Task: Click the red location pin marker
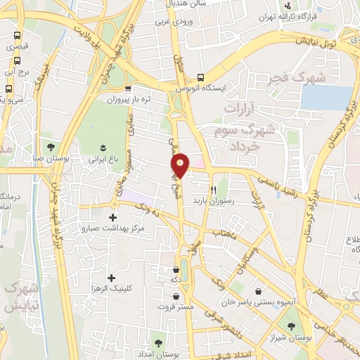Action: tap(181, 165)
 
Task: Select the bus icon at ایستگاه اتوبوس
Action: tap(201, 77)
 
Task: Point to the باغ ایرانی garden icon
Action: tap(103, 147)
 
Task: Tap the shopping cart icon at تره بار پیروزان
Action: tap(128, 89)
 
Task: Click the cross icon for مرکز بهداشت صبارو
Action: tap(113, 217)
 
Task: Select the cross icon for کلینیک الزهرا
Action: tap(111, 278)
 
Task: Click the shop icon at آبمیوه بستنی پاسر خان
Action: tap(259, 291)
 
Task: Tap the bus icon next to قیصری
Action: tap(17, 35)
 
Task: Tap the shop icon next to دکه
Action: tap(176, 269)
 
